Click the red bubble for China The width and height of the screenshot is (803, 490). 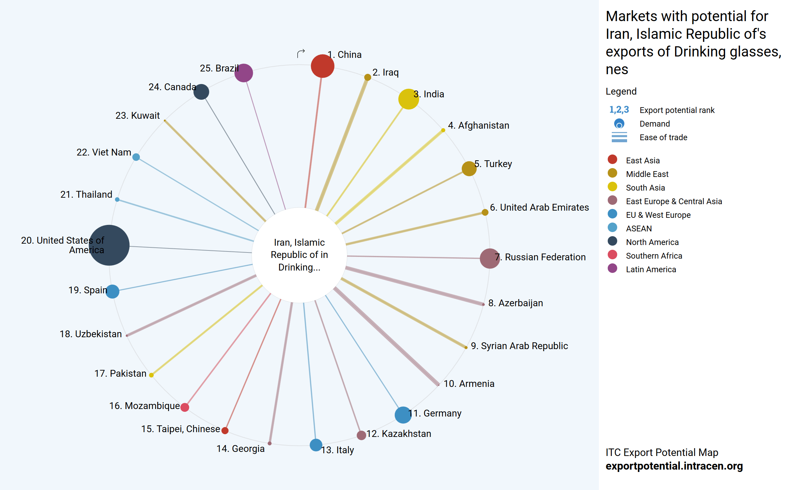click(x=322, y=66)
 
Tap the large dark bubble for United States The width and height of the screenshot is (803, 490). click(x=109, y=245)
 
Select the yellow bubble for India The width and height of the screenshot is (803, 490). click(x=408, y=99)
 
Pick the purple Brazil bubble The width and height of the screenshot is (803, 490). click(x=244, y=73)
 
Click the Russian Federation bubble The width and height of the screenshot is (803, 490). click(x=490, y=258)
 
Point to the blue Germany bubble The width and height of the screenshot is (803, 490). click(x=403, y=415)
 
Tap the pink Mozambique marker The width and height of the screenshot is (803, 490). click(x=185, y=407)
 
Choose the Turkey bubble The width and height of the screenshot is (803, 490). click(x=469, y=168)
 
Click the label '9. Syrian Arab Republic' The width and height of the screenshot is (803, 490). click(x=519, y=346)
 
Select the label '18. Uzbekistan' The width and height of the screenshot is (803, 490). click(x=91, y=334)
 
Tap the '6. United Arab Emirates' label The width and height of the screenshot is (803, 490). click(x=539, y=207)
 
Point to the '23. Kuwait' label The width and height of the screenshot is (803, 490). click(x=137, y=115)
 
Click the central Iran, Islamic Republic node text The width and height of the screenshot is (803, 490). click(x=299, y=255)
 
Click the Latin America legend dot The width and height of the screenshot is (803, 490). click(x=612, y=268)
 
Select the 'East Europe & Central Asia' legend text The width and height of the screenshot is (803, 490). click(x=674, y=201)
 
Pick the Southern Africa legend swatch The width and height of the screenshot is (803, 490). click(x=612, y=255)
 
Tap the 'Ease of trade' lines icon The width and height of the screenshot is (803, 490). click(x=619, y=137)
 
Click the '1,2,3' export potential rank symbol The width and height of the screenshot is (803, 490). click(x=619, y=110)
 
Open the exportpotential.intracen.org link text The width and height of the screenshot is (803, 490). click(x=674, y=466)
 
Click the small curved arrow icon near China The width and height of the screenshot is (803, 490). click(x=301, y=53)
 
